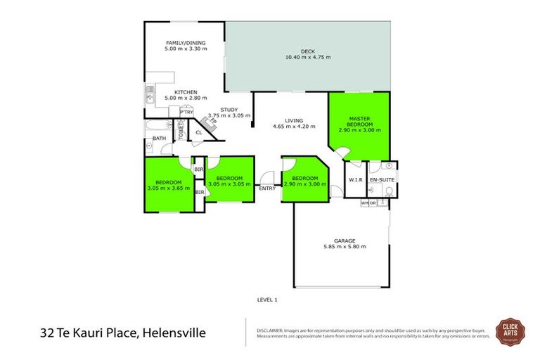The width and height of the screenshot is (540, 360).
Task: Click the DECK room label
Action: click(307, 51)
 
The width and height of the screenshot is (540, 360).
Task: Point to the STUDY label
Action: click(229, 110)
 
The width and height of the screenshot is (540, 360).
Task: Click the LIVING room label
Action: click(294, 120)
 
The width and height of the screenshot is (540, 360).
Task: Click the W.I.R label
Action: click(355, 181)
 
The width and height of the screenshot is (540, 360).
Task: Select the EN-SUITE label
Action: click(382, 181)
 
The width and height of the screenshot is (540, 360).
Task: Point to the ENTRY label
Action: click(267, 188)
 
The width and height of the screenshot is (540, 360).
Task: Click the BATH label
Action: click(159, 138)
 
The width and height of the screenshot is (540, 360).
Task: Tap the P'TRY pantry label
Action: click(186, 112)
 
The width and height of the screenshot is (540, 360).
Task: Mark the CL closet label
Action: click(198, 131)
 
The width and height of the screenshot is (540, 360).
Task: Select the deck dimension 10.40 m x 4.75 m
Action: click(307, 58)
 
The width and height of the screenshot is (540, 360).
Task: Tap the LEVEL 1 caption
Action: click(267, 300)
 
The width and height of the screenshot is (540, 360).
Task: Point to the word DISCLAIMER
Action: click(269, 329)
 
